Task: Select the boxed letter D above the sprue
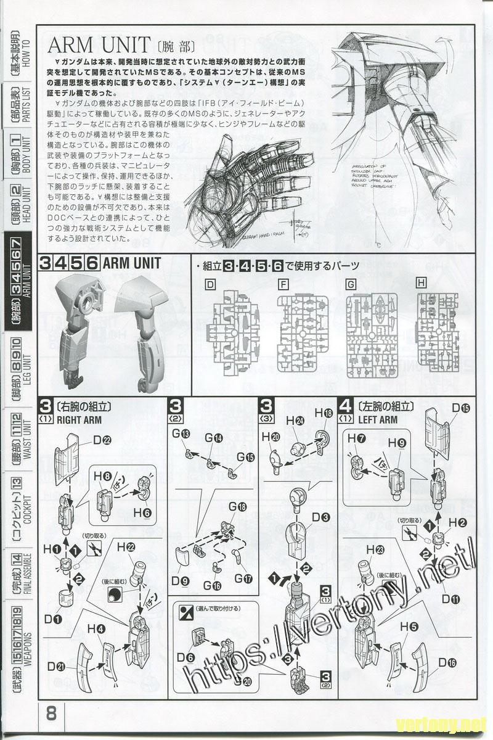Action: click(x=210, y=284)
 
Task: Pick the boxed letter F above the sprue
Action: click(x=283, y=284)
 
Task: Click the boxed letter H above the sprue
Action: click(x=422, y=284)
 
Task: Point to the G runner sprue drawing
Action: click(x=369, y=336)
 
